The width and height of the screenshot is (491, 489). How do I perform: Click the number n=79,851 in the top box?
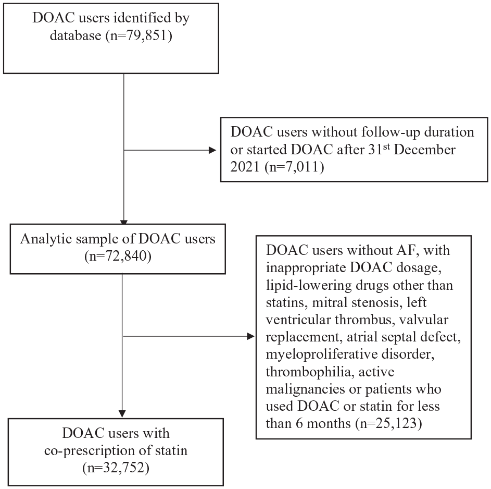[139, 35]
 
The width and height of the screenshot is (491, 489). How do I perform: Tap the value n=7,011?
[294, 166]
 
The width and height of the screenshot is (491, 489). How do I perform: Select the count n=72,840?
[118, 256]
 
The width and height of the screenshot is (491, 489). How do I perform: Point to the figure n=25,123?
[388, 423]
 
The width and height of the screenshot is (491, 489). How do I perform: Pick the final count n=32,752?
[116, 468]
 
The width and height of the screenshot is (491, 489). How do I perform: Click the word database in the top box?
[75, 35]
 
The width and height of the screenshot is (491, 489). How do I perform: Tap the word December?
[424, 150]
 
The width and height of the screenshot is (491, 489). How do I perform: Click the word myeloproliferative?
[322, 355]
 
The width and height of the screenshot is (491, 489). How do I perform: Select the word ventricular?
[298, 320]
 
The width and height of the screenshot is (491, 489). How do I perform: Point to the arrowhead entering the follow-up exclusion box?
[212, 151]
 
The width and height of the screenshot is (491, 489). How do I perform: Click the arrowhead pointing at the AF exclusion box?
[251, 336]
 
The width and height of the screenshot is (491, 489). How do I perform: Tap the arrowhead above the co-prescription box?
[122, 413]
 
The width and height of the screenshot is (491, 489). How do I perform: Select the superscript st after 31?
[386, 146]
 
